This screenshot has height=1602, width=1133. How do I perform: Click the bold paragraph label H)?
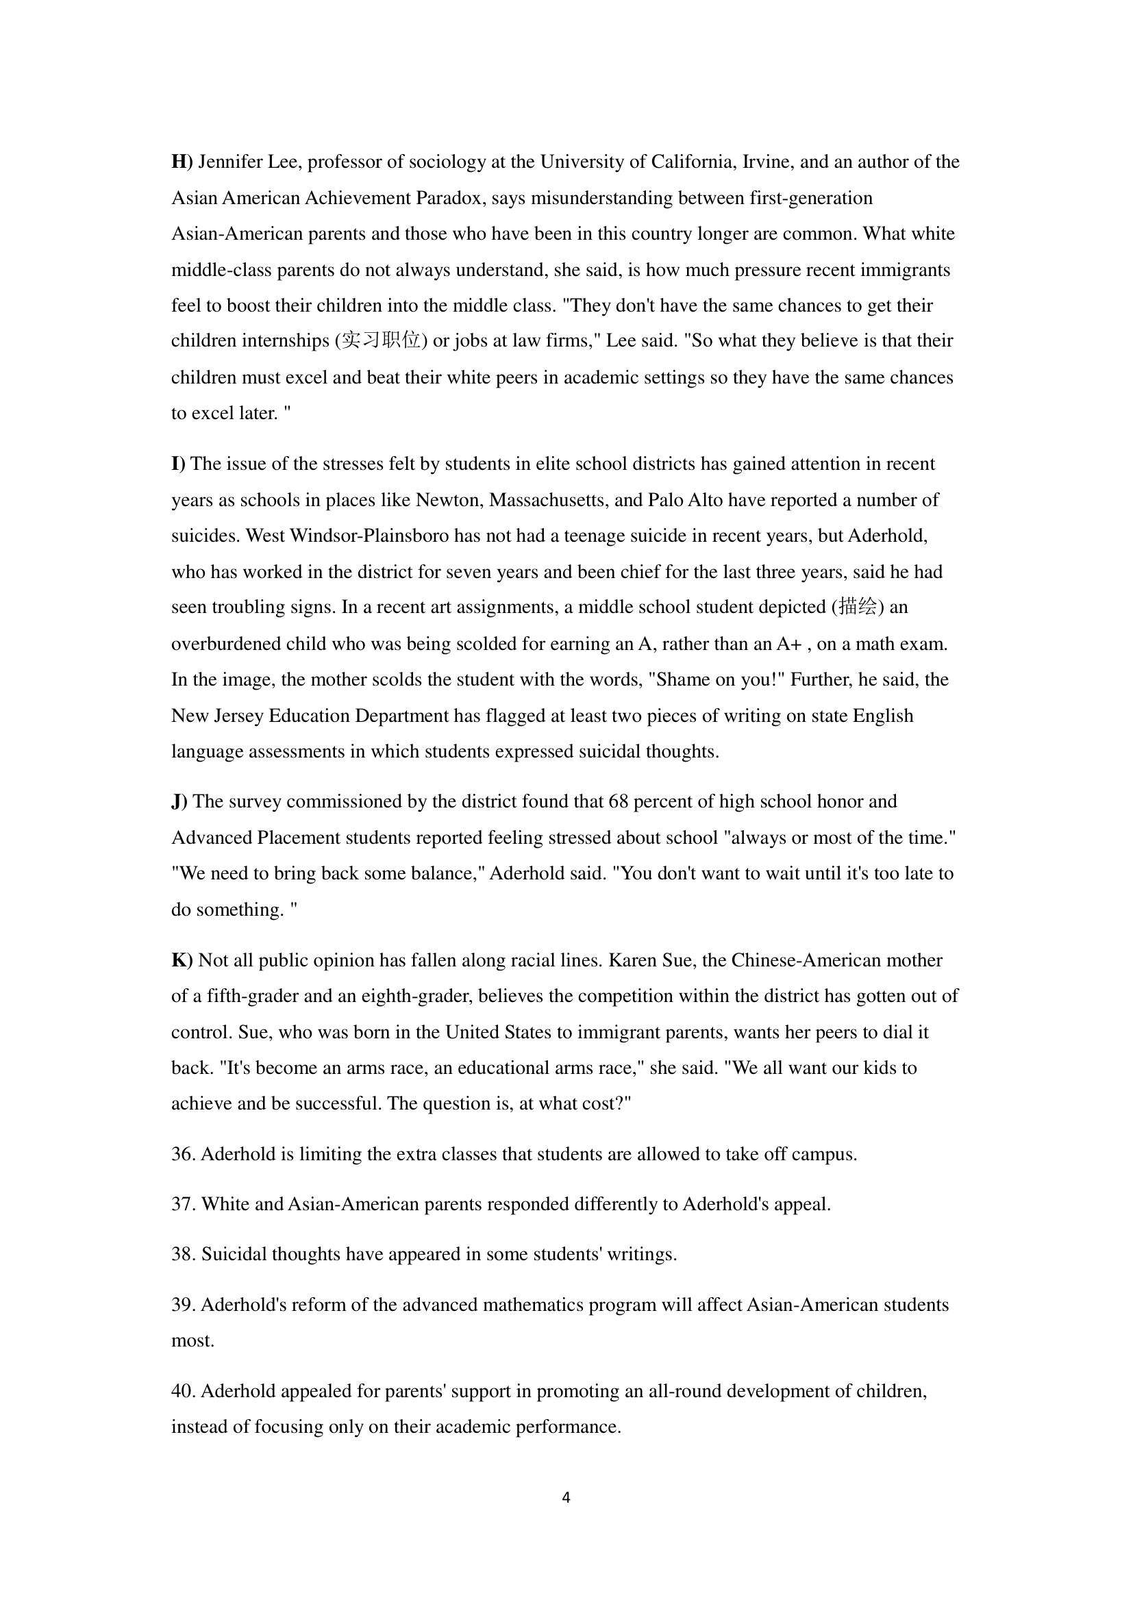click(182, 162)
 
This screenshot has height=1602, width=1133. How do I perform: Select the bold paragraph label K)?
click(182, 961)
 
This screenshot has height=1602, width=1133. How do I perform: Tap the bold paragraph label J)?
click(179, 802)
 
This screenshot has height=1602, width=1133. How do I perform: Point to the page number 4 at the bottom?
click(566, 1497)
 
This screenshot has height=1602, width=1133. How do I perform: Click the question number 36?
click(183, 1155)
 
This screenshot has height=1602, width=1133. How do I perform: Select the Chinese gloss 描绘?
click(858, 606)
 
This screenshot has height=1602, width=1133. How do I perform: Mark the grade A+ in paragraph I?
click(788, 643)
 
